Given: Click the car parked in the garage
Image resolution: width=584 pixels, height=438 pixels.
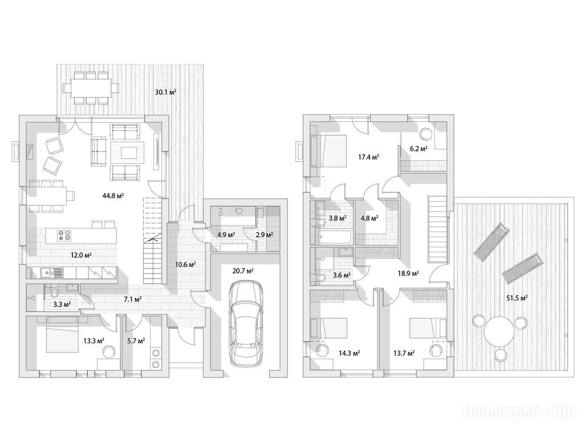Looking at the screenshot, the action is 246,323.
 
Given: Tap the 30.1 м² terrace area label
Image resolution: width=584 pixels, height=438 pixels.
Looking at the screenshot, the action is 165,92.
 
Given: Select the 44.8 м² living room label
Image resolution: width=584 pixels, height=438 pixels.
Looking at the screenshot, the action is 113,195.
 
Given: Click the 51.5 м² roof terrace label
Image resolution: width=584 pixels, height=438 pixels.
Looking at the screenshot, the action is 517,298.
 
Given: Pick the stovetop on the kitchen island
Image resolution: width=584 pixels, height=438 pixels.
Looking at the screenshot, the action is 63,235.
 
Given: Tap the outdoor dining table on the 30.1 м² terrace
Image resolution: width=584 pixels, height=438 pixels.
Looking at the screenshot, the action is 91,88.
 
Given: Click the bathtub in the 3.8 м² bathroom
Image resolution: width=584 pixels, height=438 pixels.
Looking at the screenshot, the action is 334,237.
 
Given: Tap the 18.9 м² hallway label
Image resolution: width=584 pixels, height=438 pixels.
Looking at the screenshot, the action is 408,273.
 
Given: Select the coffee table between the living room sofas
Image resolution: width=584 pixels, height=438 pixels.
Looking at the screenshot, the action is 127,152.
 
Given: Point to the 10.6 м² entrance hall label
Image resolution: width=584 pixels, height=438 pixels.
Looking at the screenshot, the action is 185,264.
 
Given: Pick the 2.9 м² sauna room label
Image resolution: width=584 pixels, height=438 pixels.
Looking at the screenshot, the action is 265,235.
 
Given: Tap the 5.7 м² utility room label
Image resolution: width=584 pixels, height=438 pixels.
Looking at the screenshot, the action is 136,340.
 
